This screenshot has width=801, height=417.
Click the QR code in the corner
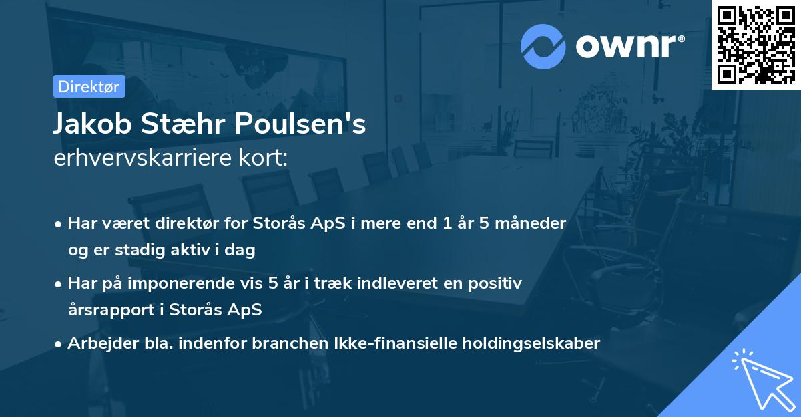click(x=756, y=44)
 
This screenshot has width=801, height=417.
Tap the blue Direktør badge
click(x=89, y=86)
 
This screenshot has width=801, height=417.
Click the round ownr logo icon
click(x=543, y=46)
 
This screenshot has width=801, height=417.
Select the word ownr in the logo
click(x=628, y=46)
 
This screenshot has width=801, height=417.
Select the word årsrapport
click(x=107, y=310)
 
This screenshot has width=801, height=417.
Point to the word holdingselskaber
click(x=525, y=343)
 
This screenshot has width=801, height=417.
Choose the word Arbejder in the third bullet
click(x=98, y=343)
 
